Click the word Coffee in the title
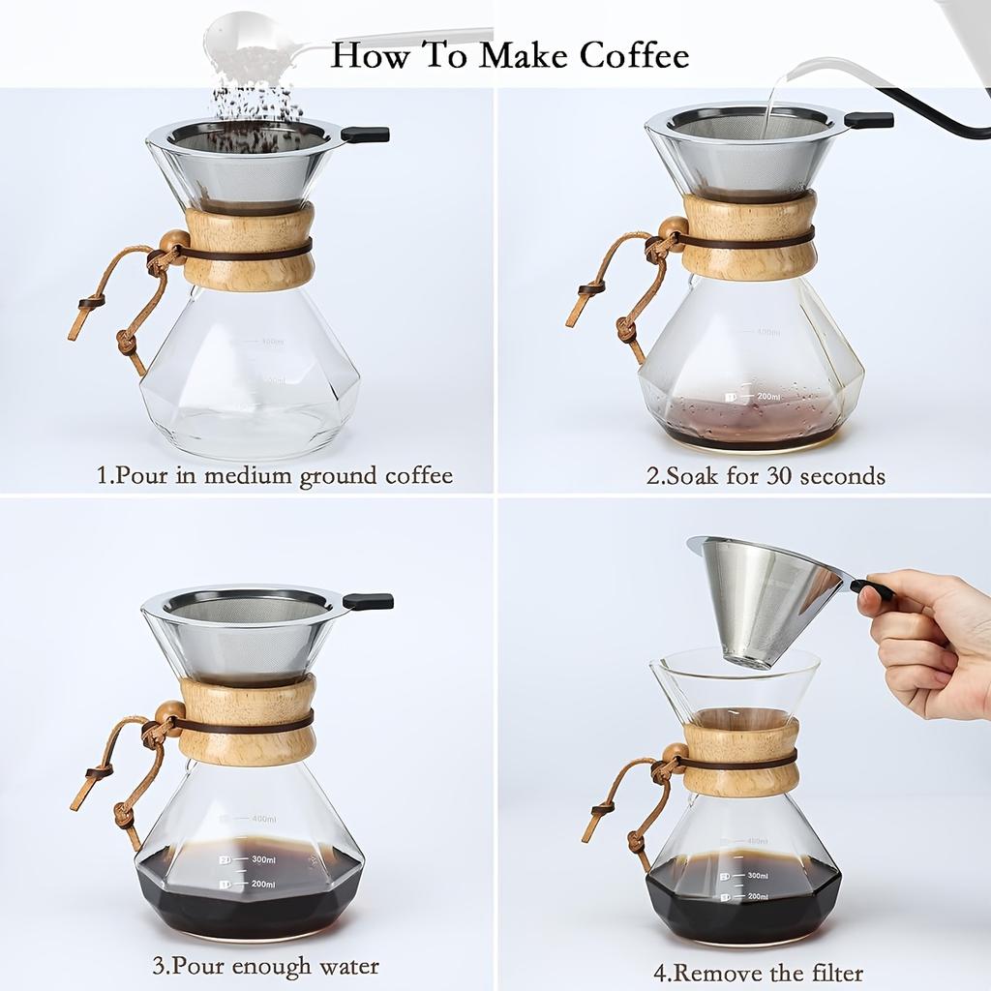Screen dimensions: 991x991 pos(634,55)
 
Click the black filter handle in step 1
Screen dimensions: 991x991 pos(366,135)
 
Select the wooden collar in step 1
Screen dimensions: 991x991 pos(248,246)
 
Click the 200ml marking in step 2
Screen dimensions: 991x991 pos(768,397)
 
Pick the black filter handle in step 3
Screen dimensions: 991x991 pos(369,601)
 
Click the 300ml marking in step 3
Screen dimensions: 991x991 pos(264,858)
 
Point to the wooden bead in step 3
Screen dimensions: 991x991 pos(168,713)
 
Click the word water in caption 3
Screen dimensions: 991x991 pos(345,966)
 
